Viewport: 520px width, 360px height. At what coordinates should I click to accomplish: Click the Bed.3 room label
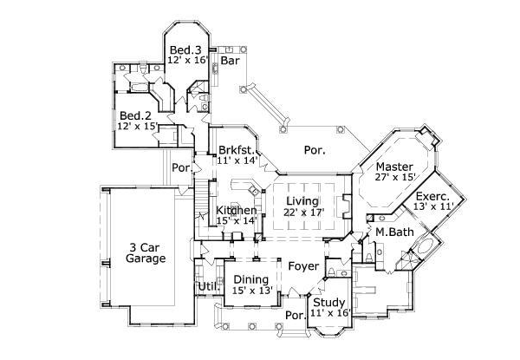click(185, 49)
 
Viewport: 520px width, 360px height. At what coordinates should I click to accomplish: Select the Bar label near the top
click(230, 62)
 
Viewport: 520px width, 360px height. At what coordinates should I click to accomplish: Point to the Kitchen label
click(236, 211)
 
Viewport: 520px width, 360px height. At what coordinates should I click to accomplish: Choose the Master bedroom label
click(395, 167)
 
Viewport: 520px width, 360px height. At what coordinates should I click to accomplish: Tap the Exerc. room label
click(432, 197)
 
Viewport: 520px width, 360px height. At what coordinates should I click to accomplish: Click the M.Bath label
click(392, 232)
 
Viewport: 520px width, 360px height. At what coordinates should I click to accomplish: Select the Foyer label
click(303, 266)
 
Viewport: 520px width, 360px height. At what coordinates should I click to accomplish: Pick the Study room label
click(328, 303)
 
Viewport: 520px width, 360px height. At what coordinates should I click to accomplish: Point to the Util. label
click(207, 285)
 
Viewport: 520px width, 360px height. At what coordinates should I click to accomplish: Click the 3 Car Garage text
click(145, 252)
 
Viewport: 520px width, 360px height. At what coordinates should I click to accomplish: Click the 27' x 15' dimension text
click(395, 179)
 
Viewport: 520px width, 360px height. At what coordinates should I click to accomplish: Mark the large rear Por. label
click(315, 150)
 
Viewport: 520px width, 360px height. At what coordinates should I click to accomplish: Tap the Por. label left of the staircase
click(181, 167)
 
